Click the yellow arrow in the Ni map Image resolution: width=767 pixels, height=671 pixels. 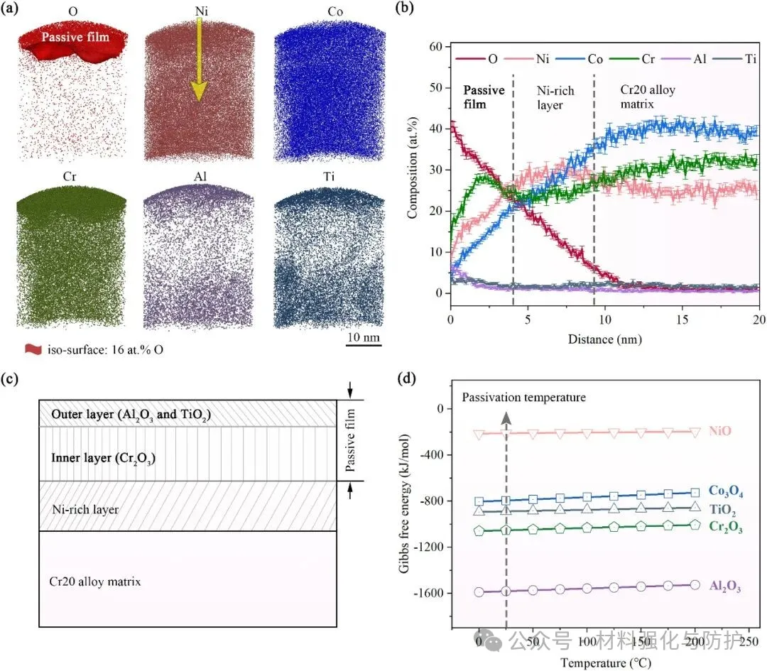point(198,60)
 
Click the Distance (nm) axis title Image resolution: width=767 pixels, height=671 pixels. point(604,339)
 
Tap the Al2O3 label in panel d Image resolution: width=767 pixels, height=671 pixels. point(724,586)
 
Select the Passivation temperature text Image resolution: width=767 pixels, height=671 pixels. point(524,397)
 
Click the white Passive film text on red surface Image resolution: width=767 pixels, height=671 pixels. point(74,36)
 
